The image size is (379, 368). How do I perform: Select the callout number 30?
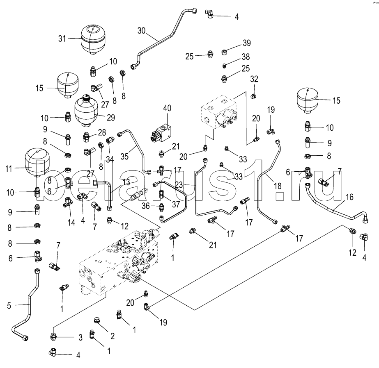[141, 31]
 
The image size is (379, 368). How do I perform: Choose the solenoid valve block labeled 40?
[162, 133]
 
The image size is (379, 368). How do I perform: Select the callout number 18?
[278, 186]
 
